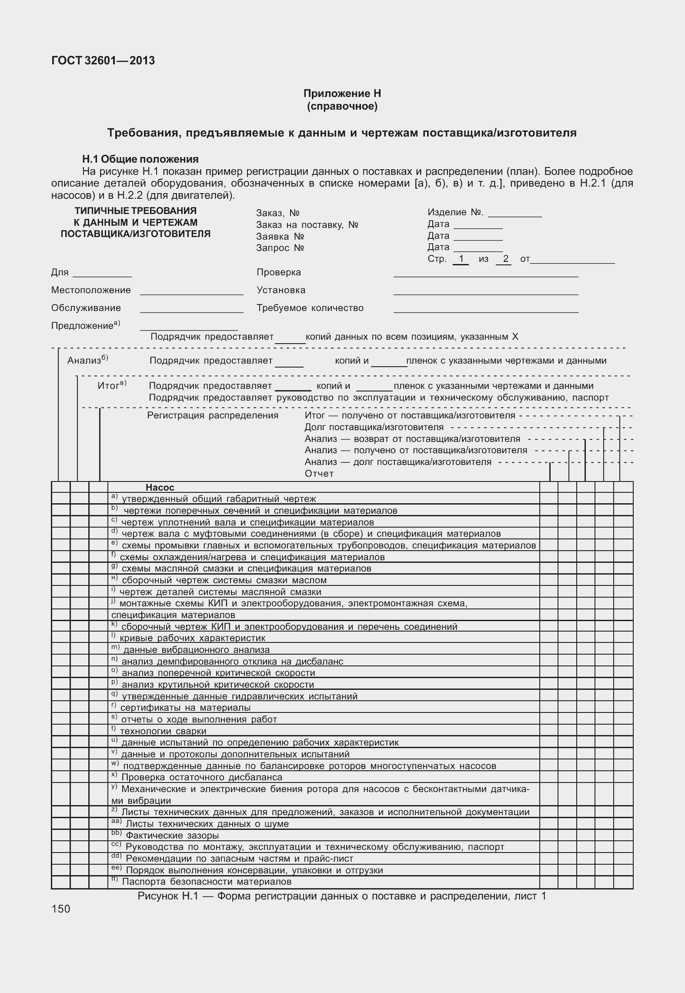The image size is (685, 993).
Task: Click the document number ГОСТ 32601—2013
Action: point(103,60)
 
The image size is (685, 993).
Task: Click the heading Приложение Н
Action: point(342,94)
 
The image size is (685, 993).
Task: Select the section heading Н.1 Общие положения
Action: point(140,159)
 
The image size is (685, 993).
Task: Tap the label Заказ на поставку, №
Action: point(307,225)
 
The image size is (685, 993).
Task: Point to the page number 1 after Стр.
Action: point(461,259)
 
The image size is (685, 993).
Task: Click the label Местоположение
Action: point(91,290)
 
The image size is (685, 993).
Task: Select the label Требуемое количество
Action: point(310,308)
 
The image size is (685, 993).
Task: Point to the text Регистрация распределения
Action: point(213,415)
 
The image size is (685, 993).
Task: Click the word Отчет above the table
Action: point(319,474)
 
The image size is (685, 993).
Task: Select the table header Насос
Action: point(160,488)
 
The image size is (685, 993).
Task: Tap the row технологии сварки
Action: point(163,732)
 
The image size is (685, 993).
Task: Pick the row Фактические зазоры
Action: point(172,836)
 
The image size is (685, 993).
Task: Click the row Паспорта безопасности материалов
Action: point(206,882)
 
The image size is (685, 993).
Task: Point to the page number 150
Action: point(60,909)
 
